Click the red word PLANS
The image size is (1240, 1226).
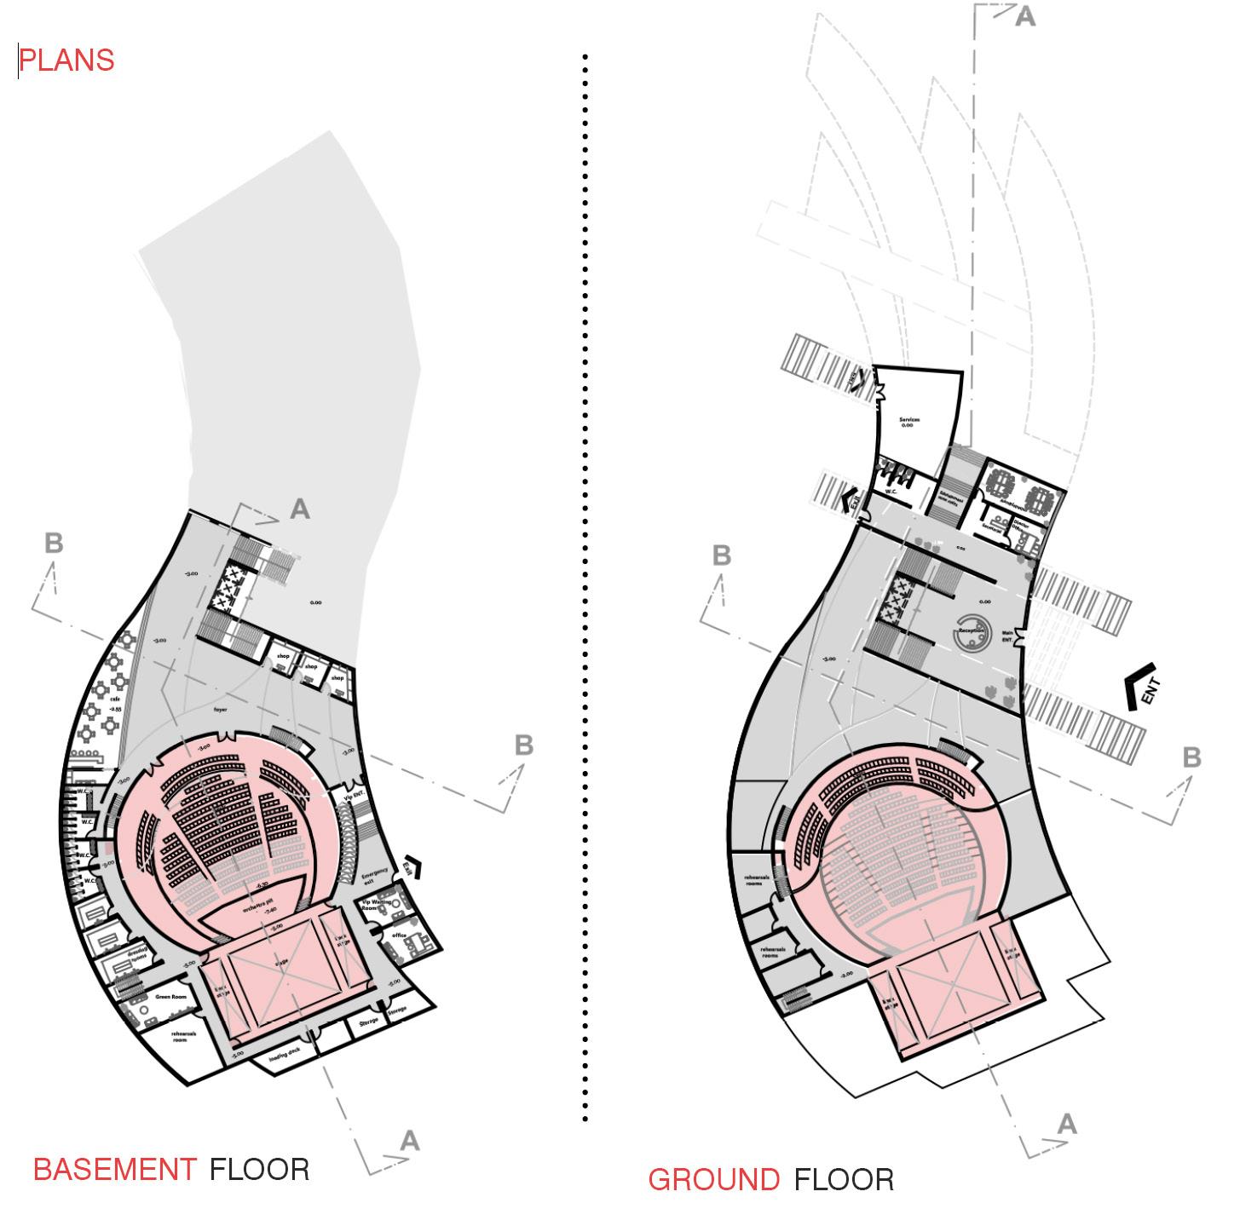[66, 60]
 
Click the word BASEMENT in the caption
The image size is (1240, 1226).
[114, 1169]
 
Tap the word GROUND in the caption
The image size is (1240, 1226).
[713, 1180]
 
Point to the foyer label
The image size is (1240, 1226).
[221, 709]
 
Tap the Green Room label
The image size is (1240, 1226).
[170, 997]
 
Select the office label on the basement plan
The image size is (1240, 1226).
[399, 935]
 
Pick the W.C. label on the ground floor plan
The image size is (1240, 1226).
[890, 492]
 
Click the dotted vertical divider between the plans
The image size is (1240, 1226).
[585, 588]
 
